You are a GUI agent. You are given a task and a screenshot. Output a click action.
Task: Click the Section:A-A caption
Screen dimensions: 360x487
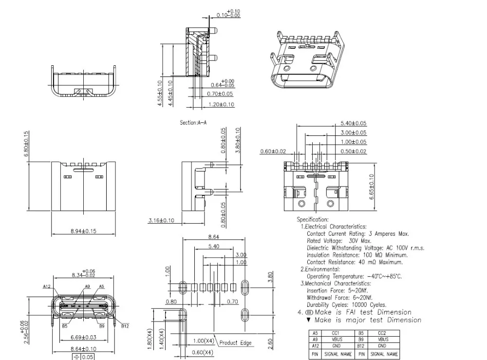point(193,123)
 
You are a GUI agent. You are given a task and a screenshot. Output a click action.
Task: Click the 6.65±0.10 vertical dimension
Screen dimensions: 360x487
point(372,186)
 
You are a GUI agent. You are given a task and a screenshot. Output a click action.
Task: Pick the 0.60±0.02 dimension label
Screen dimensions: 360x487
point(273,151)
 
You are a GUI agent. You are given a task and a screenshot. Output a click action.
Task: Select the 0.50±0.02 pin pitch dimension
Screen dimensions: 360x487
point(354,151)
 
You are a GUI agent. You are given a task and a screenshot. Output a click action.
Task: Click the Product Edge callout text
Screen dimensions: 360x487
point(235,343)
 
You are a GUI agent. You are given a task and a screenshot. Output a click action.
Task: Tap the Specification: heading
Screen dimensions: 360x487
point(313,220)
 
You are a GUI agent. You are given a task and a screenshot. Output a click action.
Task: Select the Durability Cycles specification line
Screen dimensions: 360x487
point(347,304)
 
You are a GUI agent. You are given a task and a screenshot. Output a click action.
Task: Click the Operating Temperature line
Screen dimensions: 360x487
point(354,276)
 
